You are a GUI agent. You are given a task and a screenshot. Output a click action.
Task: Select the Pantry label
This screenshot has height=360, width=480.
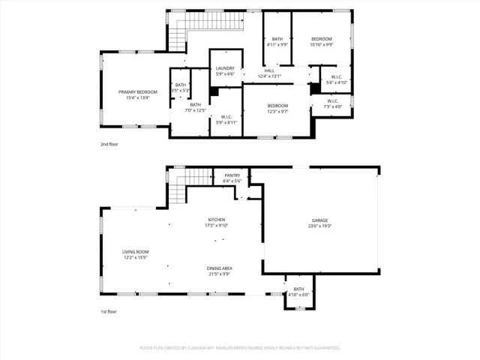tap(232, 178)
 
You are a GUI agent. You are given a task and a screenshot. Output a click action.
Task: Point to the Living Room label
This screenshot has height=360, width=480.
tap(136, 255)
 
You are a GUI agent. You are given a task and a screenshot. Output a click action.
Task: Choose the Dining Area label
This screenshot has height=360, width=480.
tap(219, 271)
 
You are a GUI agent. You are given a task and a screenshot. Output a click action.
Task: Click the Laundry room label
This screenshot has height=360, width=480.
tap(225, 71)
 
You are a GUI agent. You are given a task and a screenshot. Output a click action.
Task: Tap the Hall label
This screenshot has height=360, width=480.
tap(268, 73)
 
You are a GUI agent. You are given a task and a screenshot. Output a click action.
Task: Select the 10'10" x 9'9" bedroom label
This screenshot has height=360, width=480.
tap(321, 41)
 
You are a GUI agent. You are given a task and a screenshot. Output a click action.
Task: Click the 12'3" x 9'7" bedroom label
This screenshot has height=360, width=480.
tap(277, 109)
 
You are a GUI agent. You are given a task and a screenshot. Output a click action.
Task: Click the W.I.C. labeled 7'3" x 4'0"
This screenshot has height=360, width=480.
tap(333, 103)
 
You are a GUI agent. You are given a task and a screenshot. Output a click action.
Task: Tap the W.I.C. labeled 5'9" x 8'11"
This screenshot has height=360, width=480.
tap(226, 119)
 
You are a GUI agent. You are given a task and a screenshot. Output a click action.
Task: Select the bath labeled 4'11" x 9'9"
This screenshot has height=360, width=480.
tap(277, 42)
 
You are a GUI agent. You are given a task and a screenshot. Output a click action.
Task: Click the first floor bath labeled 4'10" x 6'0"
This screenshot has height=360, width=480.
tap(298, 291)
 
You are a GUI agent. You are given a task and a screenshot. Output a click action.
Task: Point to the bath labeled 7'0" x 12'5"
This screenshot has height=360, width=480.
tap(195, 107)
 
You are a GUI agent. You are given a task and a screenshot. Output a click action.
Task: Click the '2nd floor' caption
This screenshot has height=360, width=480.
tap(109, 144)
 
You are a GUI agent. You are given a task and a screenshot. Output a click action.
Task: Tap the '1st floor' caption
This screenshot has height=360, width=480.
tap(109, 311)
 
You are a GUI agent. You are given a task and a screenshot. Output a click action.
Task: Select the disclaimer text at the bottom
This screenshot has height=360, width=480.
tap(240, 348)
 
